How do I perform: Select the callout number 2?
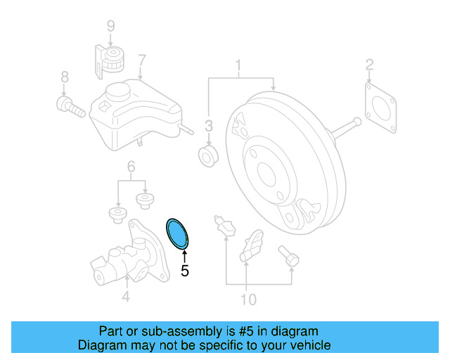(x=369, y=67)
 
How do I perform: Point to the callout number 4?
(x=125, y=297)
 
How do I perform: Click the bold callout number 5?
(x=185, y=270)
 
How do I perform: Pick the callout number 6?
(x=131, y=167)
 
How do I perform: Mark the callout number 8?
(x=64, y=77)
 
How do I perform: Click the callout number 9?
(x=110, y=27)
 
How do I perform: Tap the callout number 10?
(x=248, y=300)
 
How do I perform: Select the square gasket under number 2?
(x=380, y=108)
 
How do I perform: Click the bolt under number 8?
(x=67, y=107)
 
